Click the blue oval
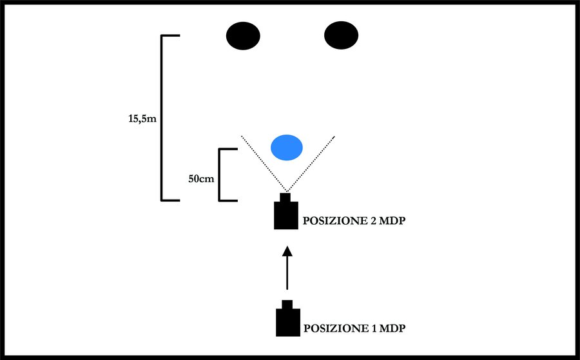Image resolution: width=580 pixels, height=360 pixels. click(x=286, y=147)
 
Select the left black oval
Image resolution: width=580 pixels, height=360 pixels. click(x=243, y=35)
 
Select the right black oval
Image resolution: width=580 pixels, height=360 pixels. click(x=341, y=35)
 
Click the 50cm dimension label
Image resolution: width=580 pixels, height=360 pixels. click(x=201, y=178)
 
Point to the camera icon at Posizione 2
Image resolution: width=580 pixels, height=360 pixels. click(x=285, y=214)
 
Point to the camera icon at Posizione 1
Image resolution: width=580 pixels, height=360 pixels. click(x=287, y=321)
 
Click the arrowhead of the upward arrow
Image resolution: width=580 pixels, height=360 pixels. click(x=287, y=251)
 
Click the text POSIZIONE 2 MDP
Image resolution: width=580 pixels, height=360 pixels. click(x=357, y=221)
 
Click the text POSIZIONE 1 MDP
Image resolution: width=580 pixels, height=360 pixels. click(x=356, y=328)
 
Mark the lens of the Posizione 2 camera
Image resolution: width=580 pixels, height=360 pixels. click(x=285, y=197)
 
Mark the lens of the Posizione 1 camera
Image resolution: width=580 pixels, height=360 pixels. click(x=287, y=304)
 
